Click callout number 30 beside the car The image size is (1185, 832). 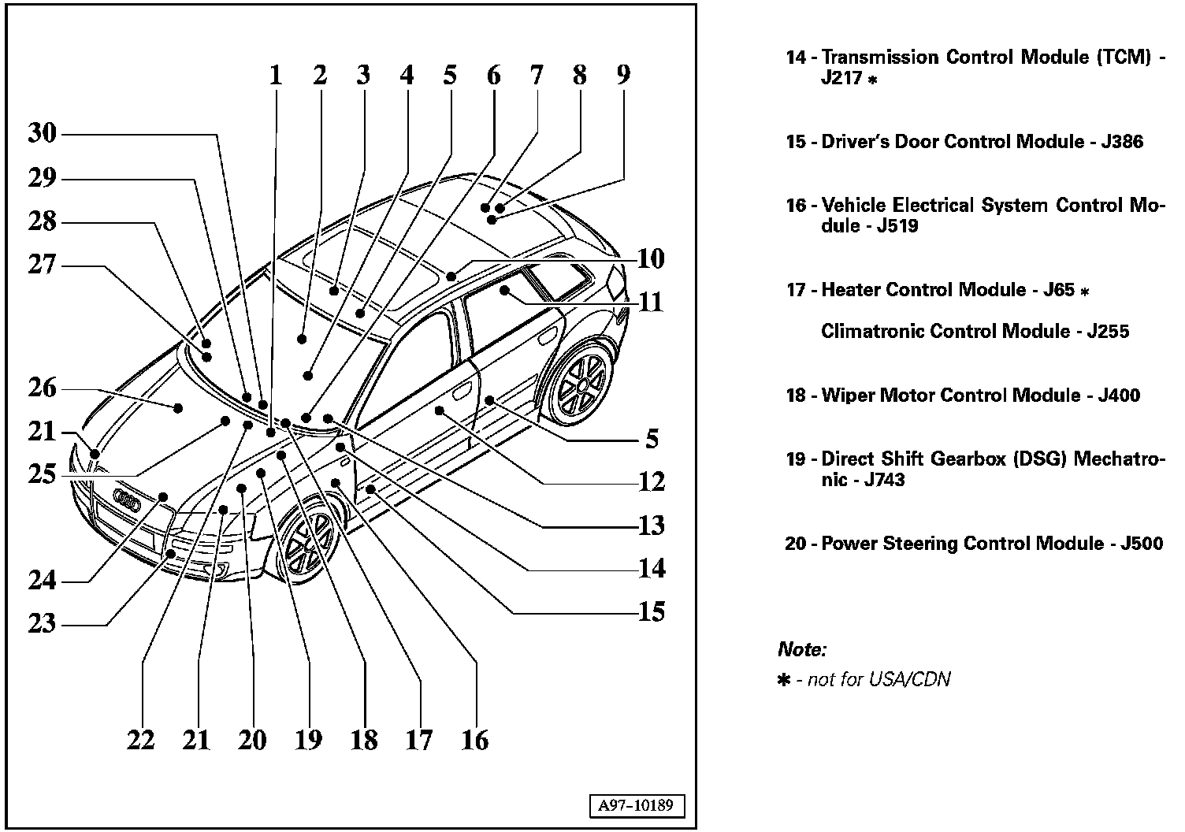tap(43, 133)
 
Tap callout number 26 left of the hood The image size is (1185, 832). tap(43, 388)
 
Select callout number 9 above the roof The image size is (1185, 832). tap(623, 75)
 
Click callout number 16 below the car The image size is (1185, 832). tap(475, 740)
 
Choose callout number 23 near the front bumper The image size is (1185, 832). tap(43, 624)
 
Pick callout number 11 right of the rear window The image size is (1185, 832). tap(651, 302)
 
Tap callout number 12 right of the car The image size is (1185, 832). tap(651, 481)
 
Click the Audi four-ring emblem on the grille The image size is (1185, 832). tap(126, 497)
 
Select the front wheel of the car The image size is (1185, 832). tap(309, 540)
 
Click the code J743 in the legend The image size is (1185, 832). tap(884, 481)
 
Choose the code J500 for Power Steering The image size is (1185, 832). tap(1141, 544)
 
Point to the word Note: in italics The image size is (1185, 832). tap(802, 650)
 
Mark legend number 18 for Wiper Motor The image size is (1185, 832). tap(797, 396)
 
